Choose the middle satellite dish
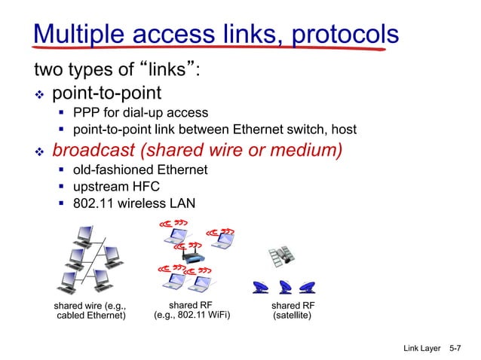(285, 287)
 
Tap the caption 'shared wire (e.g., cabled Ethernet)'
(90, 310)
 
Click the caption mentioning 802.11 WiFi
(192, 310)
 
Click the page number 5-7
(455, 349)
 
